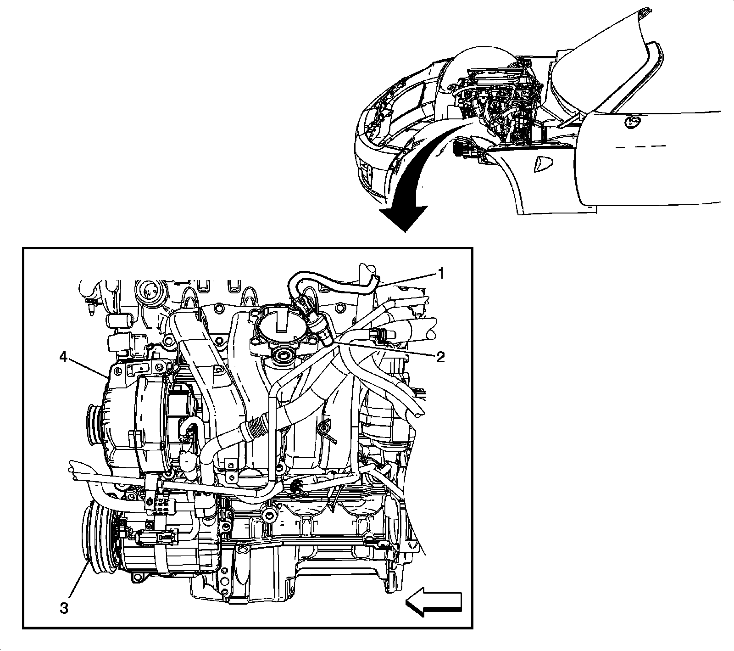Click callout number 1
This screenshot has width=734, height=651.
(440, 274)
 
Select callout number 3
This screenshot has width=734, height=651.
(64, 595)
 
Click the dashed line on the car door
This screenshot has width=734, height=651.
(640, 147)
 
